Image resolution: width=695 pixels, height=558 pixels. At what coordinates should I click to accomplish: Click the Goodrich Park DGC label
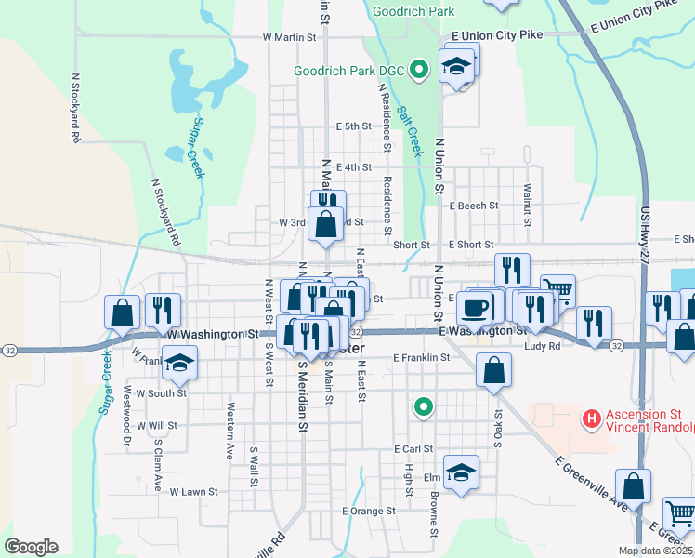coord(350,70)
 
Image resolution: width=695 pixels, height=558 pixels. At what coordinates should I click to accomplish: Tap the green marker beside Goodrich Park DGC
coord(419,69)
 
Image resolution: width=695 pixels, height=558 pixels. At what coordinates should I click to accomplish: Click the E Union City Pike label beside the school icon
coord(496,35)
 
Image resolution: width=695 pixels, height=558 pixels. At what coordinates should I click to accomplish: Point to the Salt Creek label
coord(408,128)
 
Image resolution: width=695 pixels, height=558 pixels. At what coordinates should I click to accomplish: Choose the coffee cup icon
coord(474,306)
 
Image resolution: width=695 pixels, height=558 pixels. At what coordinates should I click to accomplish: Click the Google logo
coord(31,547)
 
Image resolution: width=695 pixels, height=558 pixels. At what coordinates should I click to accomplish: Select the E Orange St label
coord(369,511)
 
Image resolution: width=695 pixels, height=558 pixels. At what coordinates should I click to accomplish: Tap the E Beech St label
coord(474,206)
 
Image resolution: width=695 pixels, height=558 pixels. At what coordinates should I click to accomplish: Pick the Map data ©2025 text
coord(656,551)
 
